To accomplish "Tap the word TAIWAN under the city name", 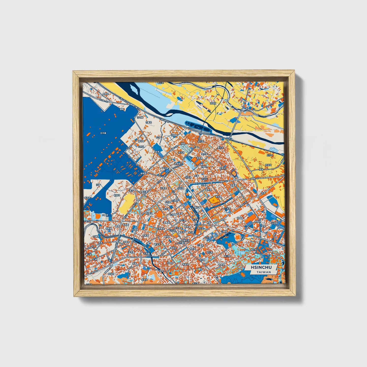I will pos(264,272).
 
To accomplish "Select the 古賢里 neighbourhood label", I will pos(148,122).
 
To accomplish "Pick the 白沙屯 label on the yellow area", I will pos(269,155).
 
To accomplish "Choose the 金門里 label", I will pos(204,154).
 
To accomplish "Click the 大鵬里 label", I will pos(105,215).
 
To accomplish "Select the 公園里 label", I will pos(223,231).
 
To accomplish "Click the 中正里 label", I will pos(195,219).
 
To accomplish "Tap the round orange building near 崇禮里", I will pos(159,215).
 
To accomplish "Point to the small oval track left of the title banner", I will pos(243,275).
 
